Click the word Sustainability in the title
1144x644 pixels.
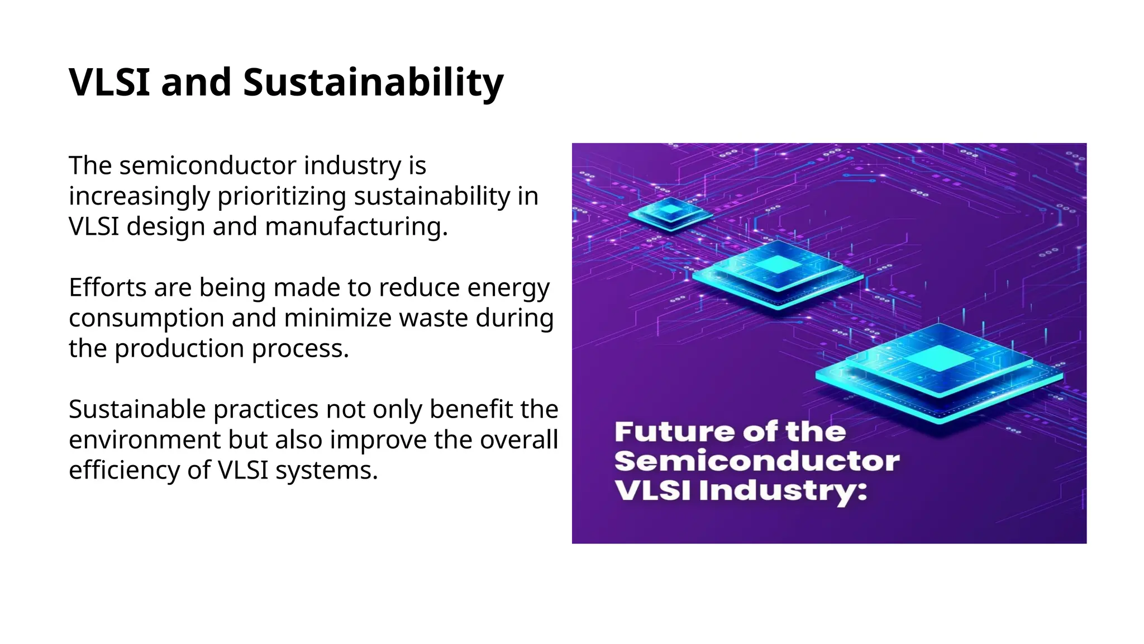373,82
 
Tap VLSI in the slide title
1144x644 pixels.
109,82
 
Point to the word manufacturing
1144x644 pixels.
356,227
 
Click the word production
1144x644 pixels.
179,349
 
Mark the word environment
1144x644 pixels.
144,440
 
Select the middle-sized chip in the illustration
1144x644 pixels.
778,272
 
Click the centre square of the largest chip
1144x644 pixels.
939,358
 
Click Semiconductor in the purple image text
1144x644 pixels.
757,461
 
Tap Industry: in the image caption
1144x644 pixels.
783,491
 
